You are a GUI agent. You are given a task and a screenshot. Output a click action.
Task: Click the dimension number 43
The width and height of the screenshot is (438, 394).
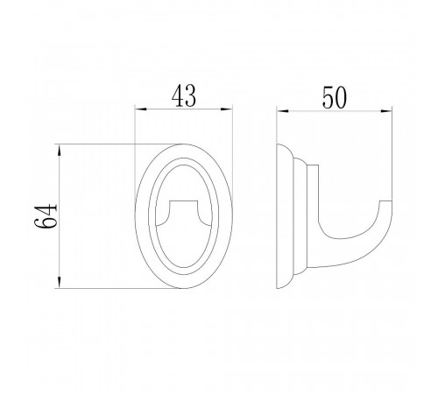[x=184, y=95]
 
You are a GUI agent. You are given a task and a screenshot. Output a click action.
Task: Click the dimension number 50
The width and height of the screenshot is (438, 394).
[x=335, y=97]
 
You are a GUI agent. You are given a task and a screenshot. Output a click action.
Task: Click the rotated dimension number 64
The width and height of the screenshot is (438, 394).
[x=46, y=216]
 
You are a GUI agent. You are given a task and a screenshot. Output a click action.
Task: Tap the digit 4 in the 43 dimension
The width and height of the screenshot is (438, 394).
[x=178, y=95]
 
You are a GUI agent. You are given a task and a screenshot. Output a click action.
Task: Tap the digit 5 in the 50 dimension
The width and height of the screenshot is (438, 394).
[x=328, y=97]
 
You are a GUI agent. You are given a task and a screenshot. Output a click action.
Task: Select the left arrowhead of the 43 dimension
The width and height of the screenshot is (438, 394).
[x=140, y=109]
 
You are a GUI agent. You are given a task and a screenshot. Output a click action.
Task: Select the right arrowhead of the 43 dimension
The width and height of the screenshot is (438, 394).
[x=226, y=109]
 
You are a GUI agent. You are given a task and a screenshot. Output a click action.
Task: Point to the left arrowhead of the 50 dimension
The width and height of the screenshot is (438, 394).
[x=283, y=111]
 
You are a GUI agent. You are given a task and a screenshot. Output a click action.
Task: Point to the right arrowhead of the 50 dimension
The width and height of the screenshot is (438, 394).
[x=386, y=111]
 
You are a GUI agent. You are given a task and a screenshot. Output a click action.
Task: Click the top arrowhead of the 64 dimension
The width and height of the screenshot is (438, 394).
[x=60, y=150]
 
